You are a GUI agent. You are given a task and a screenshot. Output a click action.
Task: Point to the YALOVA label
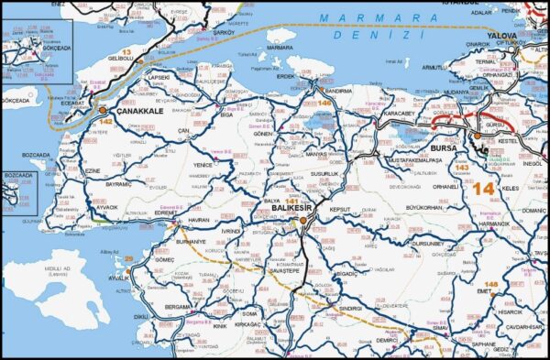click(x=502, y=35)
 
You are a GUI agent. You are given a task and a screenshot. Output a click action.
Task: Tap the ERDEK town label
click(x=288, y=77)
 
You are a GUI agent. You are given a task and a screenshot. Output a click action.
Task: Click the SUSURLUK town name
click(x=327, y=173)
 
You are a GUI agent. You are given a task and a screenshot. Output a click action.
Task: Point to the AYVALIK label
click(x=118, y=277)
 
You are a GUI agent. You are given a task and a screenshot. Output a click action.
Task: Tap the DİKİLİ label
click(x=141, y=317)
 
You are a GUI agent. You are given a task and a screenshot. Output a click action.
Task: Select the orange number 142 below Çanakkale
click(x=105, y=121)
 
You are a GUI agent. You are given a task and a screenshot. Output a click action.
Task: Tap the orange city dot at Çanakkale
click(x=103, y=110)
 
